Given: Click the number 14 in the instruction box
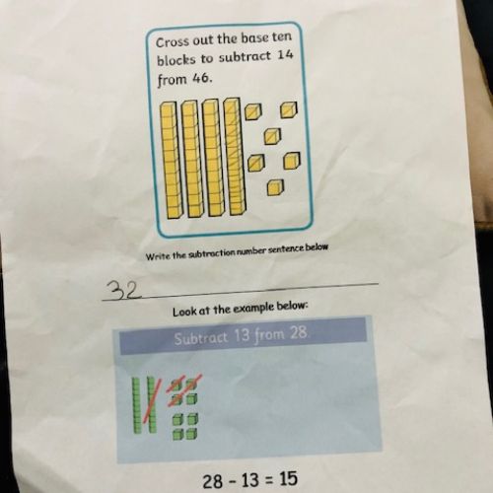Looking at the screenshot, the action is tap(285, 54).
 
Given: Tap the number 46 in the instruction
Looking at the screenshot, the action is tap(200, 78).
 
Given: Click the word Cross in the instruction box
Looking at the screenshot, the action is tap(173, 42).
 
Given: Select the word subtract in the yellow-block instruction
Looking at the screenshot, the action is tap(245, 57).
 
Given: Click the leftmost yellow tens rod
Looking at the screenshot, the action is tap(170, 160).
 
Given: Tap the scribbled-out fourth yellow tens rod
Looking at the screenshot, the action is tap(235, 157).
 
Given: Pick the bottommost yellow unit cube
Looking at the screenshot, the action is tap(275, 187).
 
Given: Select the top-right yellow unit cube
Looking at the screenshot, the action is tap(289, 109).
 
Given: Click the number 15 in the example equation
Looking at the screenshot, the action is tap(288, 478).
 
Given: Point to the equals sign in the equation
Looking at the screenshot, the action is tap(268, 480).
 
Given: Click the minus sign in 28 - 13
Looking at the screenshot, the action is tap(233, 481).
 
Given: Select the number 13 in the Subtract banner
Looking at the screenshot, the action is tap(243, 335).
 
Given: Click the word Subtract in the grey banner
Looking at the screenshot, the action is tap(200, 338).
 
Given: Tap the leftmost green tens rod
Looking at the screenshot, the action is tap(136, 404).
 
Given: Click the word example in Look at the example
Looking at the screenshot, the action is tap(248, 309).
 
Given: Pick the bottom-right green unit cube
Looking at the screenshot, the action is tap(192, 433).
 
